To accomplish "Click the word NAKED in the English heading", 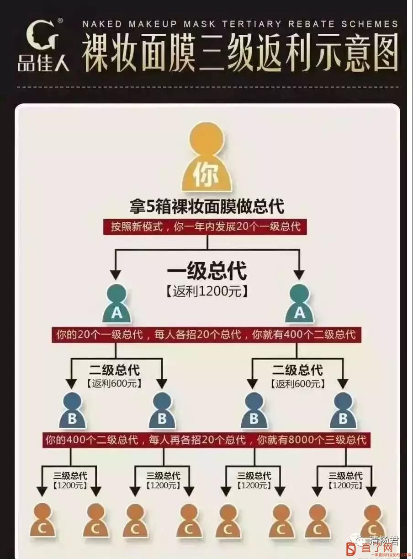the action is (102, 24).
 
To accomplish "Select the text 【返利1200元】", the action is (207, 292).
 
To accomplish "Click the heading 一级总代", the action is (207, 270).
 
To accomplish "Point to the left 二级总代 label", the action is (115, 370).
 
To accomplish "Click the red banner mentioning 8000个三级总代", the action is (206, 440).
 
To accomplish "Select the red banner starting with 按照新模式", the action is (205, 227).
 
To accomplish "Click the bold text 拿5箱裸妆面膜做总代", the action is (207, 206).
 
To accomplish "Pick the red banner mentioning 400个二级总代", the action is (206, 335).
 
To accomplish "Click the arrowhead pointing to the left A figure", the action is (116, 275).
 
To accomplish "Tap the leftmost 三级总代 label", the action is (70, 476).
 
